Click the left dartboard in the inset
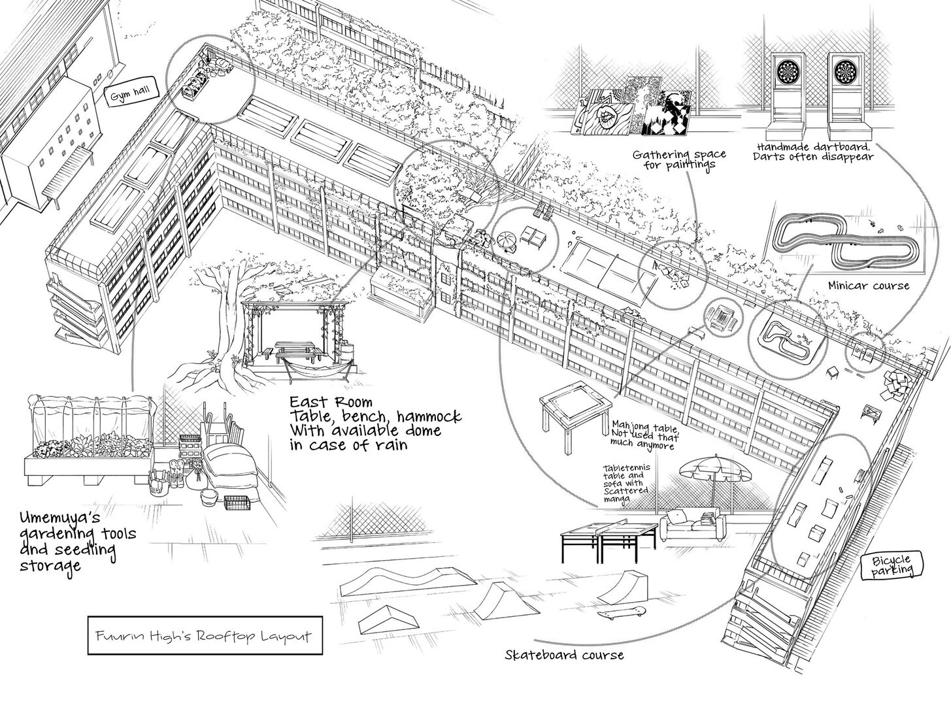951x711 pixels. (x=790, y=69)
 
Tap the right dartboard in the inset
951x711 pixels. (x=844, y=69)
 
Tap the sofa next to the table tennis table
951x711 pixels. (x=692, y=523)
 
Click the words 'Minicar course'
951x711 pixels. (x=868, y=286)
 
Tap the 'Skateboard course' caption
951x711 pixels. (x=564, y=655)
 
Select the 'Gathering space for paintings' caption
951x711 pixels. (x=678, y=159)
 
